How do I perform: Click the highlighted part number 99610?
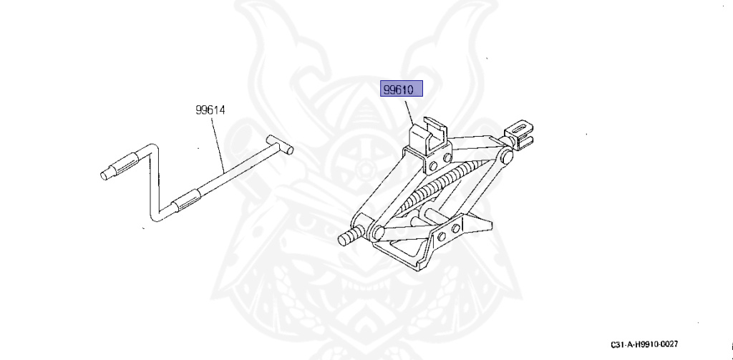coord(402,89)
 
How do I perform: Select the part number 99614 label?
coord(210,110)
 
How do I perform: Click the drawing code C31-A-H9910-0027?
coord(644,344)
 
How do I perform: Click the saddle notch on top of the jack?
coord(432,128)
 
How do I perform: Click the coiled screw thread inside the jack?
coord(437,189)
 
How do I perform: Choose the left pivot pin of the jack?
coord(376,232)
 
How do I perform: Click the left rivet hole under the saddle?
coord(432,165)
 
